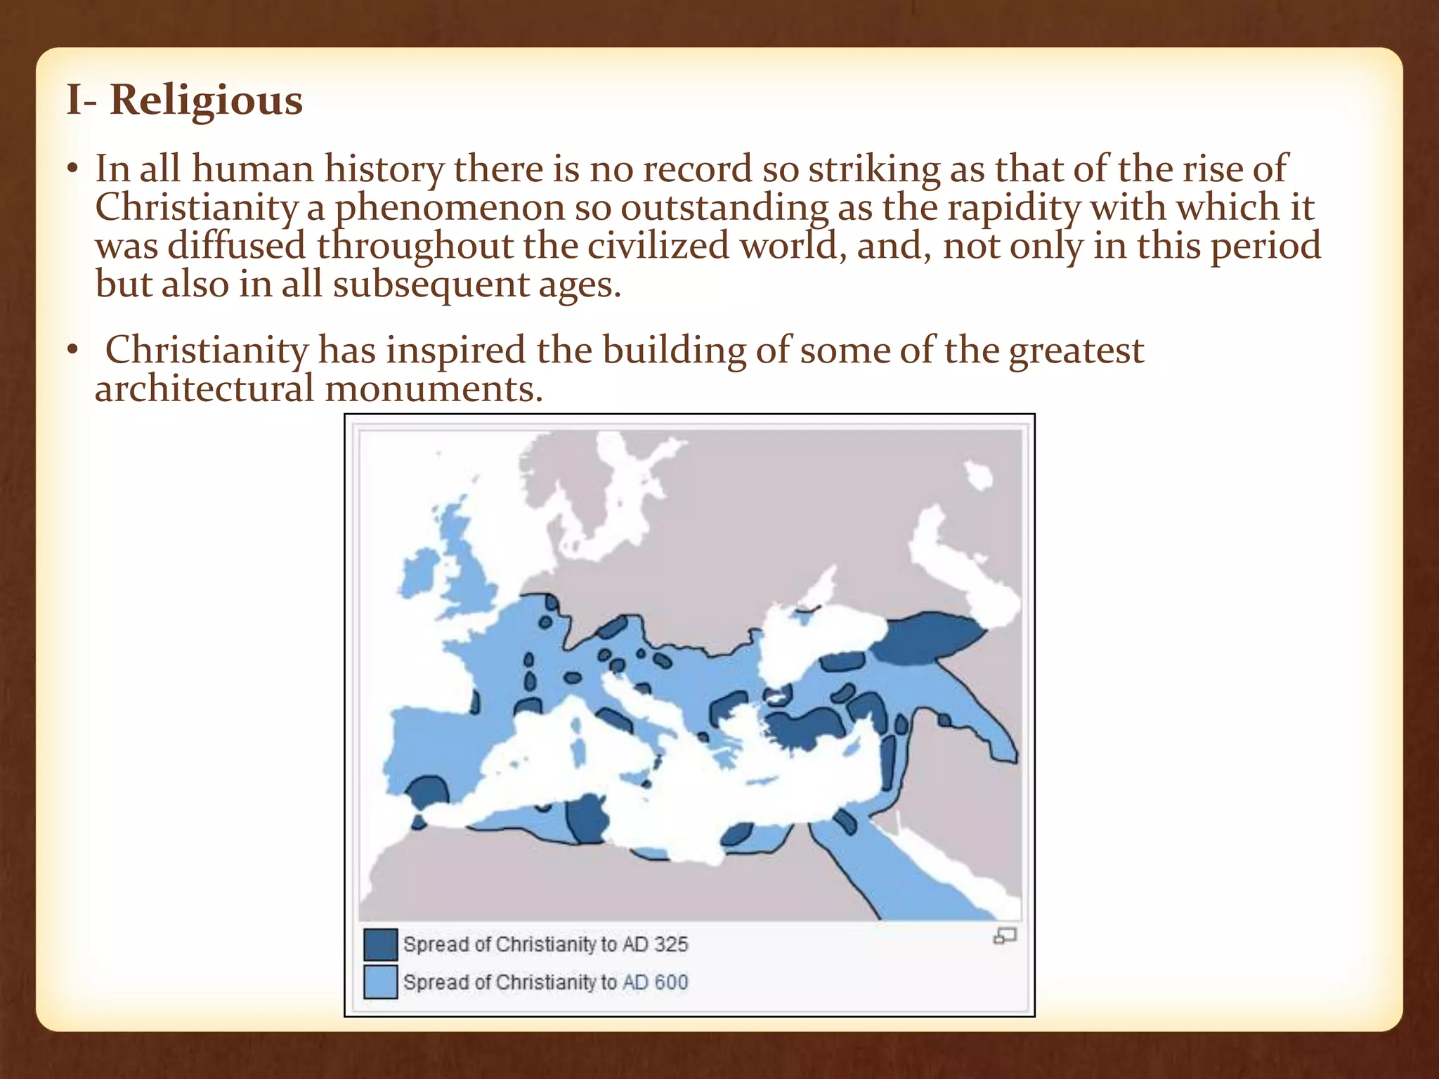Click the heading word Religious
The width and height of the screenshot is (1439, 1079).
click(206, 100)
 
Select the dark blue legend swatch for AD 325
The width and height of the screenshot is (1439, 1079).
click(380, 944)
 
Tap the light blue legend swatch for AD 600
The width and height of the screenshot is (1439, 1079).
click(380, 982)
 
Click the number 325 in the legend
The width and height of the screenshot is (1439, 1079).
click(670, 944)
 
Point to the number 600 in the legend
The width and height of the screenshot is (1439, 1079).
click(670, 982)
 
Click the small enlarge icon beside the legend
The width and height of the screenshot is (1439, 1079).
click(1005, 936)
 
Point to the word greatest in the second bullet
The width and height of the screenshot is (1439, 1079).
click(1076, 351)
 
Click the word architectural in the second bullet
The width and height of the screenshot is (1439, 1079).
click(204, 388)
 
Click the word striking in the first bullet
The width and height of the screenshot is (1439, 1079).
click(873, 170)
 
